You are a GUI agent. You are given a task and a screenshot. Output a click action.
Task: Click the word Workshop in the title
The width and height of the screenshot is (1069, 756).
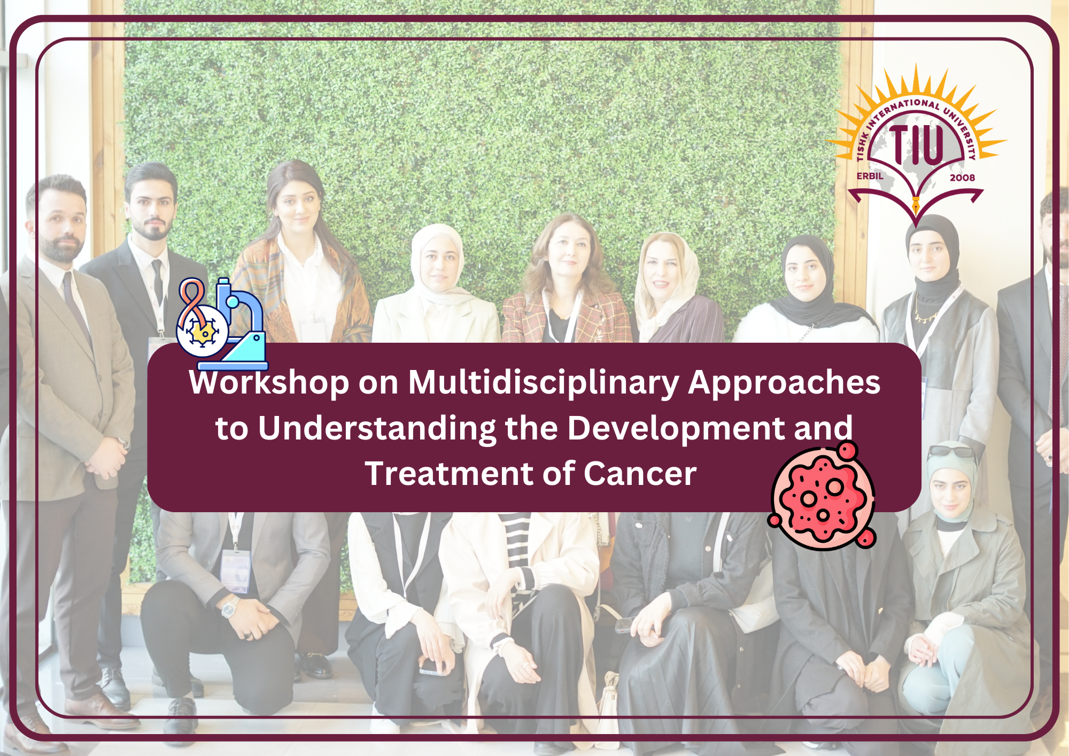coord(269,383)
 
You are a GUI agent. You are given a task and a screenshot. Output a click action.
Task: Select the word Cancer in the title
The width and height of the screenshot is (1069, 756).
coord(640,474)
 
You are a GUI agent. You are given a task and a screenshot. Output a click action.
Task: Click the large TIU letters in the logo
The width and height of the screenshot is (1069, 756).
coord(916,144)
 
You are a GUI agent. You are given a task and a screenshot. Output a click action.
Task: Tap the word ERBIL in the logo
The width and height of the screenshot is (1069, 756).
coord(870,176)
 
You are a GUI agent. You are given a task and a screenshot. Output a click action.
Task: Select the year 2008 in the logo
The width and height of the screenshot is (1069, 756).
coord(962,178)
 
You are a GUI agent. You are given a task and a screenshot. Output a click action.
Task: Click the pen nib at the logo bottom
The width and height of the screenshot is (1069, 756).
coord(916,205)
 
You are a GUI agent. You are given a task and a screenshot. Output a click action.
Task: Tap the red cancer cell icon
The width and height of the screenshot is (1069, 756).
coord(822,496)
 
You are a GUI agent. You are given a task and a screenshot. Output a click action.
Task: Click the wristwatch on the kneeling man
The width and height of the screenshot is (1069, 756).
coord(230,606)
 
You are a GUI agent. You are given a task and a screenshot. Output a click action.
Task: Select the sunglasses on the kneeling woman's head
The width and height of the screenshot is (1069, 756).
coord(951,452)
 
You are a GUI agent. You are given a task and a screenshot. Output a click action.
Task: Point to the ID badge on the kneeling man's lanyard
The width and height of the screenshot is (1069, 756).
coord(236,571)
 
